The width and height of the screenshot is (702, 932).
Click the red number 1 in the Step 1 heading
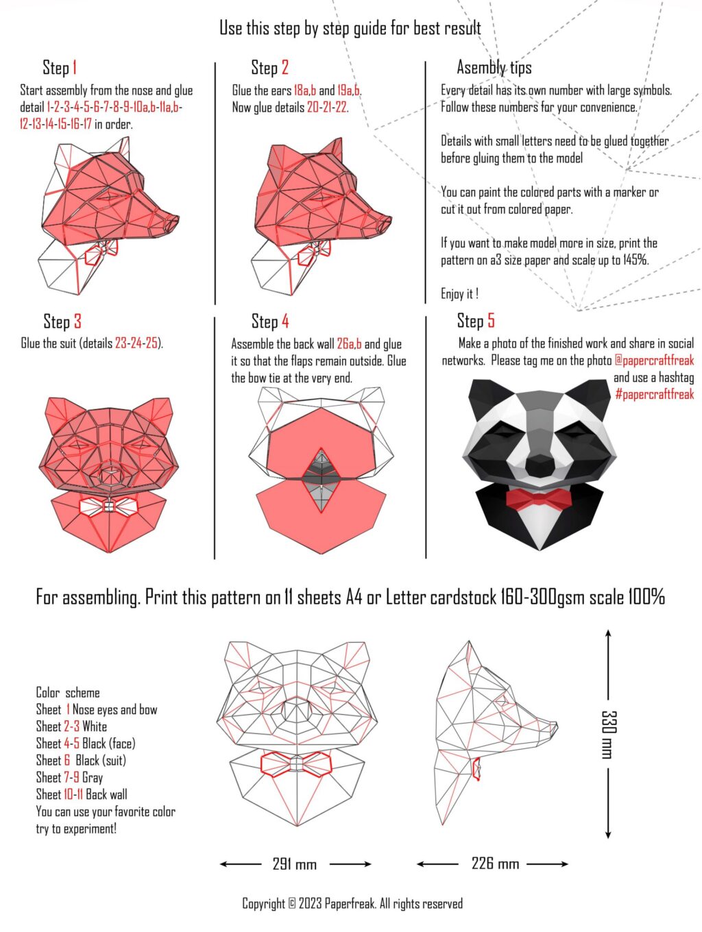pos(74,68)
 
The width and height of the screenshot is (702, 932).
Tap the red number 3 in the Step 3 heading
pos(77,321)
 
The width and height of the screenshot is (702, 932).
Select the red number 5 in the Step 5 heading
pos(490,321)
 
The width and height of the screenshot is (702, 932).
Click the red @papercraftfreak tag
pos(653,360)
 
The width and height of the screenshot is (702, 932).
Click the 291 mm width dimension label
pos(294,864)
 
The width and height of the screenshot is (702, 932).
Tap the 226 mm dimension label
pos(495,863)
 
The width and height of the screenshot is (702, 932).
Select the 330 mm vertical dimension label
pos(608,735)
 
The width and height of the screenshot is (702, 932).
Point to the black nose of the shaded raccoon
pos(540,465)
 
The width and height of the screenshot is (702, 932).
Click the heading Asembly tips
pos(494,68)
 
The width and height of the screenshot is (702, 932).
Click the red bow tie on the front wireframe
pos(295,764)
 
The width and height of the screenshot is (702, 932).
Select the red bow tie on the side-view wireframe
pos(476,768)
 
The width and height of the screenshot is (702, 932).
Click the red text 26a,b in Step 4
pos(349,344)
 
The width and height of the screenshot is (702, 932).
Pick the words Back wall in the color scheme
pos(106,794)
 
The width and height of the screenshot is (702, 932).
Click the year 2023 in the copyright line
pos(310,903)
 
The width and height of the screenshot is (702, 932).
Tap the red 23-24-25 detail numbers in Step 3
pos(136,343)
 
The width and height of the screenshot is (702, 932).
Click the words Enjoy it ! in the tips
pos(459,294)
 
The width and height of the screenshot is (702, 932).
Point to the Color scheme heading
pos(67,693)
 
